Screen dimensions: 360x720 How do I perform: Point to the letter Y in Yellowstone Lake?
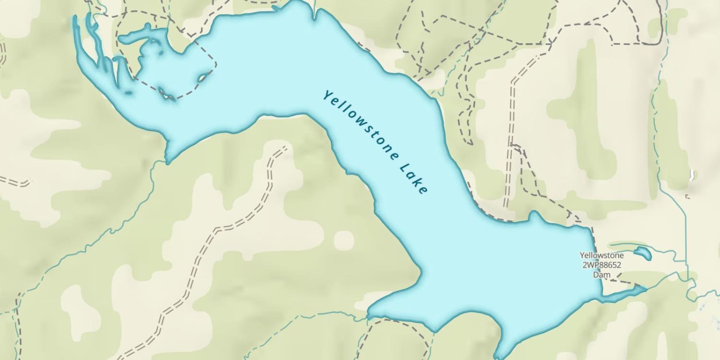327,95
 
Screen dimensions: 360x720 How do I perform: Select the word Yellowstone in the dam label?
601,255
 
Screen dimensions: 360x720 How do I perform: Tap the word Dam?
601,275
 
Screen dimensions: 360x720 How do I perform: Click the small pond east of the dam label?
642,252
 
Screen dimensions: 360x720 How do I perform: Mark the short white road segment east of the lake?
691,175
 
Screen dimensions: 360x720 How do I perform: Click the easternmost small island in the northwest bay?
204,76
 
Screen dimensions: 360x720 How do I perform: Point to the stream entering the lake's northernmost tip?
314,7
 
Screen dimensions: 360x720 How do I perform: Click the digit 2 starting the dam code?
584,265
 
